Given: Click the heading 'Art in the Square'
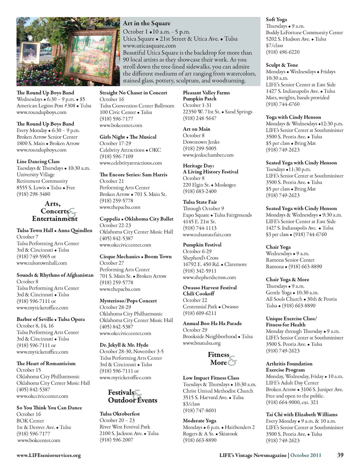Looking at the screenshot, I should coord(146,23).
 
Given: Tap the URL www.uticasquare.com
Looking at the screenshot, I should coord(149,46).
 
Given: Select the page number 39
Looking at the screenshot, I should coord(340,455).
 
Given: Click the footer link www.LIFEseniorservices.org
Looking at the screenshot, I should coord(49,455).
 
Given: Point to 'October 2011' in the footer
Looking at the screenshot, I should coord(306,455).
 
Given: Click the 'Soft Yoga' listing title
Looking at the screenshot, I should coord(276,20).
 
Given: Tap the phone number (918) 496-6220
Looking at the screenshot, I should coord(282,52).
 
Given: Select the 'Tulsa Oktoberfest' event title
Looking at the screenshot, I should coord(120,414).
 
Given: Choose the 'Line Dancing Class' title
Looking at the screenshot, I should coord(38,162).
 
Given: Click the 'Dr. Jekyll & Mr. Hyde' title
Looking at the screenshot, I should coord(124,345).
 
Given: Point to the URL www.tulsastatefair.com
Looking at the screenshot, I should coord(207,234).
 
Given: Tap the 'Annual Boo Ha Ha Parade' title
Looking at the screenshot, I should coord(212,323).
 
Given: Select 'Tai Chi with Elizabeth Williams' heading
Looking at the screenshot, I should coord(301,415).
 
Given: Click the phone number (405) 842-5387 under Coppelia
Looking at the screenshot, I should coord(116,238).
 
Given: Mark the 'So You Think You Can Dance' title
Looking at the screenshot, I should coord(49,408).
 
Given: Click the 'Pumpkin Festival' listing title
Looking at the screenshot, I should coord(202,245).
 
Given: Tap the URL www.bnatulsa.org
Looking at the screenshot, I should coord(201,343).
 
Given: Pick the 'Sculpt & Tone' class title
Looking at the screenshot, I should coord(282,65).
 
